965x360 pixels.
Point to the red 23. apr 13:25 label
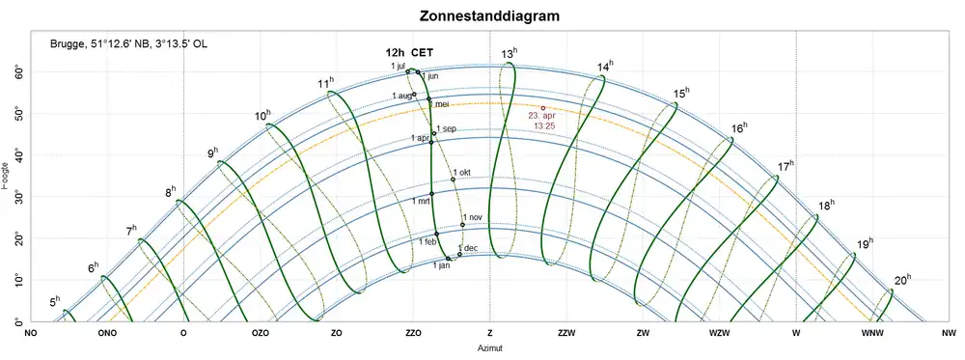coord(541,121)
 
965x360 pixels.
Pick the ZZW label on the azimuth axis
coord(566,333)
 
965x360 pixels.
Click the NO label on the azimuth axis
coord(31,333)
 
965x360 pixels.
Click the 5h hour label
coord(55,301)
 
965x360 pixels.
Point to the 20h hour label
coord(900,280)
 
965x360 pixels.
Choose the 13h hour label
coord(510,53)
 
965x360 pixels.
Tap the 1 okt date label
coord(463,173)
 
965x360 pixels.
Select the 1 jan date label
coord(441,264)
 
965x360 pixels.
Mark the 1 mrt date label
coord(421,201)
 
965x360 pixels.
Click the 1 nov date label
coord(471,218)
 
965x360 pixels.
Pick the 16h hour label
coord(739,128)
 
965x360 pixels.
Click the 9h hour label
coord(213,152)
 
